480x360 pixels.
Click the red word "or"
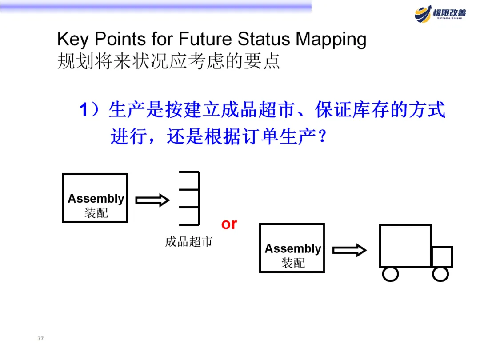click(229, 224)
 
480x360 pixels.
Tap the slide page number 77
click(41, 339)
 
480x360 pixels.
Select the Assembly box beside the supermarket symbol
click(95, 198)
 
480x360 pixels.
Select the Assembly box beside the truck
click(292, 248)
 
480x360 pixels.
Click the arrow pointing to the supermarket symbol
click(152, 200)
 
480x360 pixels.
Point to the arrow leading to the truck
click(349, 250)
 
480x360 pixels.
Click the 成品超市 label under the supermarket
click(189, 242)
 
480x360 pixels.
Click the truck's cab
click(442, 257)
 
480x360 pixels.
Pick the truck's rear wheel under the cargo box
click(391, 274)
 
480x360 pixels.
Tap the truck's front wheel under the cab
click(440, 274)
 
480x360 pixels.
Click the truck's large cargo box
click(405, 246)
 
